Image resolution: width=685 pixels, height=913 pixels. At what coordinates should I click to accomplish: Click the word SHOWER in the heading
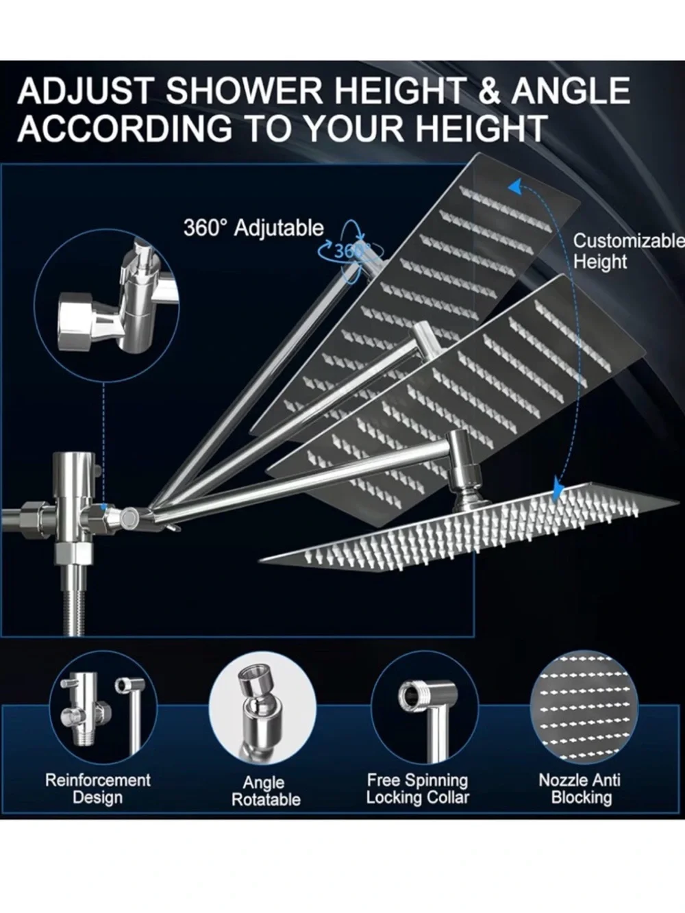pyautogui.click(x=245, y=90)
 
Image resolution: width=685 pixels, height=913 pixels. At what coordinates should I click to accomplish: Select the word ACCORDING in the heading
pyautogui.click(x=125, y=127)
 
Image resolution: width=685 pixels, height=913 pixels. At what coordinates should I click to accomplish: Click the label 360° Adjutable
pyautogui.click(x=253, y=228)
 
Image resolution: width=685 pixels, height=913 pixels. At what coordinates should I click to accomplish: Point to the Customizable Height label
pyautogui.click(x=628, y=251)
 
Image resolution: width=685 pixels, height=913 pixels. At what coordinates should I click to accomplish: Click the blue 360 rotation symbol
pyautogui.click(x=347, y=251)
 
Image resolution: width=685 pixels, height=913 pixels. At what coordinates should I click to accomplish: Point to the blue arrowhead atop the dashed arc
pyautogui.click(x=516, y=188)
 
